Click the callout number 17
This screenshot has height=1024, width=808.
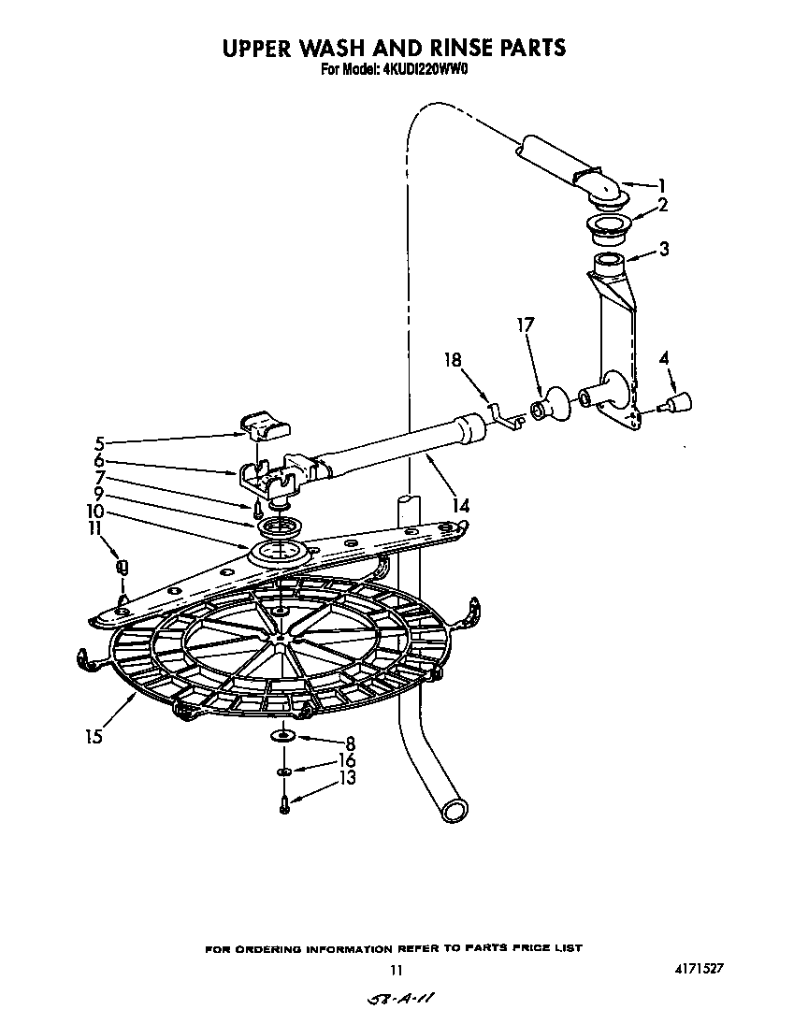tap(526, 325)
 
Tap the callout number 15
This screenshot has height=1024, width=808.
tap(91, 735)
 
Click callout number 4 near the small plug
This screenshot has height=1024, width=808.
tap(664, 357)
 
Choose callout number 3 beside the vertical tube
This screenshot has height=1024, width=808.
tap(663, 249)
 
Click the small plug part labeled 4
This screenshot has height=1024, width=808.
tap(676, 403)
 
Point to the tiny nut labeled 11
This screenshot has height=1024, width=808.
tap(121, 566)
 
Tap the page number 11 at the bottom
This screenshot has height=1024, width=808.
tap(397, 971)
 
